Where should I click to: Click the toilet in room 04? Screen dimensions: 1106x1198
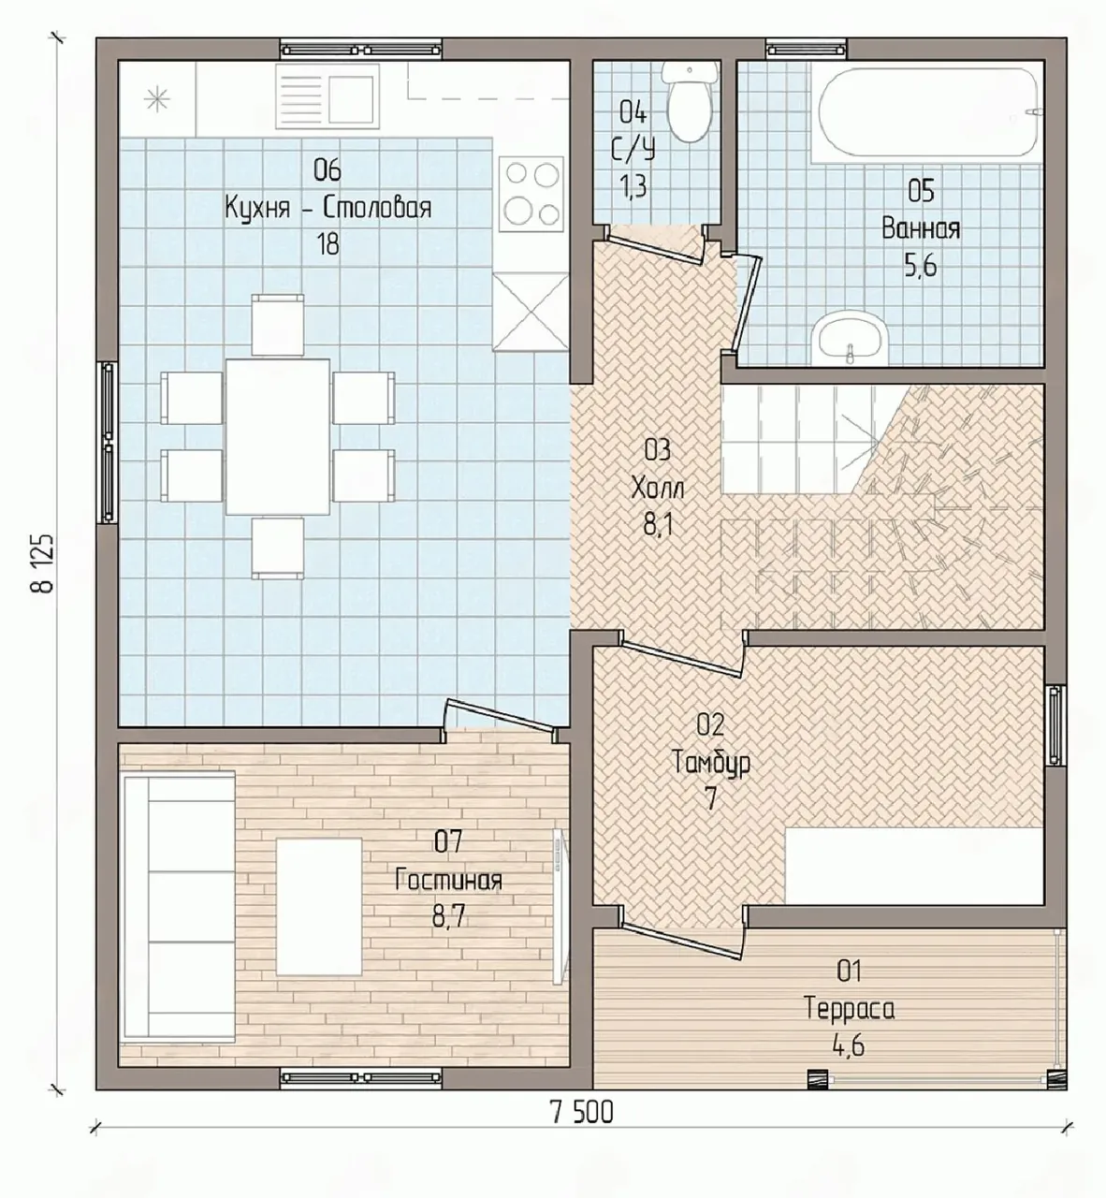point(688,103)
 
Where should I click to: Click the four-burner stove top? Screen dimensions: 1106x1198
point(531,195)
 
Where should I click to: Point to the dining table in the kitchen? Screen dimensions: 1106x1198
point(278,437)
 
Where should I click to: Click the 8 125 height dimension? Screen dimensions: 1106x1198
point(44,562)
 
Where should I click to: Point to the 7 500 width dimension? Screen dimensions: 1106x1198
point(582,1113)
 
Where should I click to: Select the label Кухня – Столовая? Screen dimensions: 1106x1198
point(328,208)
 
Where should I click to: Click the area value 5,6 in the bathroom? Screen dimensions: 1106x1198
point(921,265)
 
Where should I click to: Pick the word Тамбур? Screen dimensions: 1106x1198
point(711,763)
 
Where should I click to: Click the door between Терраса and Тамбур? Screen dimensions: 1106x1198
point(682,941)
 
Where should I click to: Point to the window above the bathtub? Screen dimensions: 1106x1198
point(807,49)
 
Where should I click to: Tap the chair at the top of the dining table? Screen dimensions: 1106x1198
point(278,325)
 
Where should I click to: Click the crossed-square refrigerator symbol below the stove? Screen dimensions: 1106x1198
point(531,312)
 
